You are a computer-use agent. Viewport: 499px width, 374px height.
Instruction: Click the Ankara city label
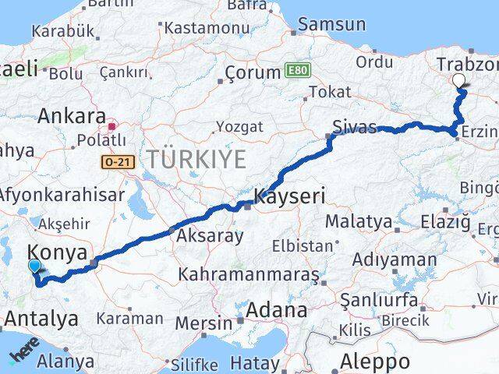[72, 117]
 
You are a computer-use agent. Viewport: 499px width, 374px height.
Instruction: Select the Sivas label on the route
[354, 127]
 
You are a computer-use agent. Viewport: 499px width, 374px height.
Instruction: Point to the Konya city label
[59, 252]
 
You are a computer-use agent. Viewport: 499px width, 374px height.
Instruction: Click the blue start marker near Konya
[34, 267]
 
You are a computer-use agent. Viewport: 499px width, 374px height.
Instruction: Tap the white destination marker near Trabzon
[458, 80]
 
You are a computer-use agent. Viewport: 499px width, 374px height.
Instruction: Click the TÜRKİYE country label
[197, 160]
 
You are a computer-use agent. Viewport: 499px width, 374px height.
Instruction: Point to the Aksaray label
[210, 235]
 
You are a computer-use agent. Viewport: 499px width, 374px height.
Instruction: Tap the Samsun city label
[331, 23]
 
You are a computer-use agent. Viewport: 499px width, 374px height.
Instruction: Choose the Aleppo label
[375, 362]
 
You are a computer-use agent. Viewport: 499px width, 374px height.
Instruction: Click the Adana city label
[277, 310]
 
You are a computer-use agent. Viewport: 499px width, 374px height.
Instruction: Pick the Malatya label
[359, 221]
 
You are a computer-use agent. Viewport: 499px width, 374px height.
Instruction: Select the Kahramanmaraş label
[249, 274]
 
